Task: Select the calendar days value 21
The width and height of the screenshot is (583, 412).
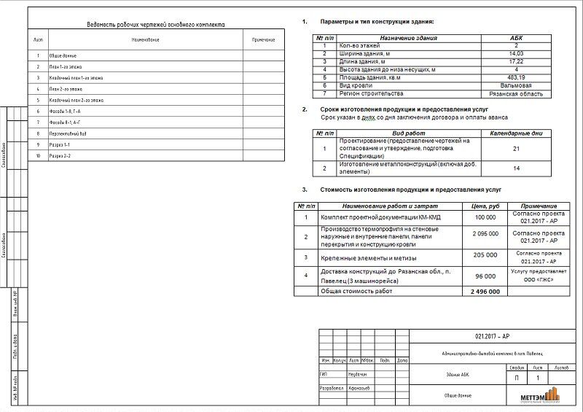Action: pos(517,148)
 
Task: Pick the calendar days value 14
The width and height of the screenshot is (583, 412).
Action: pos(517,168)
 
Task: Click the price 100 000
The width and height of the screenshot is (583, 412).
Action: pos(485,217)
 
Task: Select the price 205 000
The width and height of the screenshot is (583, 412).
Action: pos(485,256)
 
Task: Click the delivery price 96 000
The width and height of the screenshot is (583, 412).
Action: pos(485,276)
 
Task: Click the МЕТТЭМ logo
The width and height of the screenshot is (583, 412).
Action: pos(539,396)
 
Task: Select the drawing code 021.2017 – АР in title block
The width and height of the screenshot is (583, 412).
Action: pos(493,337)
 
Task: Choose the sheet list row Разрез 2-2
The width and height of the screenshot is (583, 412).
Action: pos(60,156)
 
